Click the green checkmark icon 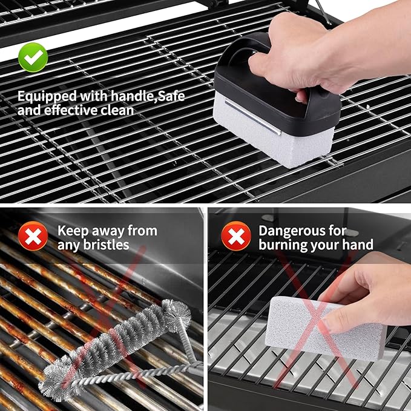[x=33, y=58]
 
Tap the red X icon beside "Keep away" [x=33, y=236]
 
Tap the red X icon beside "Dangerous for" [x=235, y=236]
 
